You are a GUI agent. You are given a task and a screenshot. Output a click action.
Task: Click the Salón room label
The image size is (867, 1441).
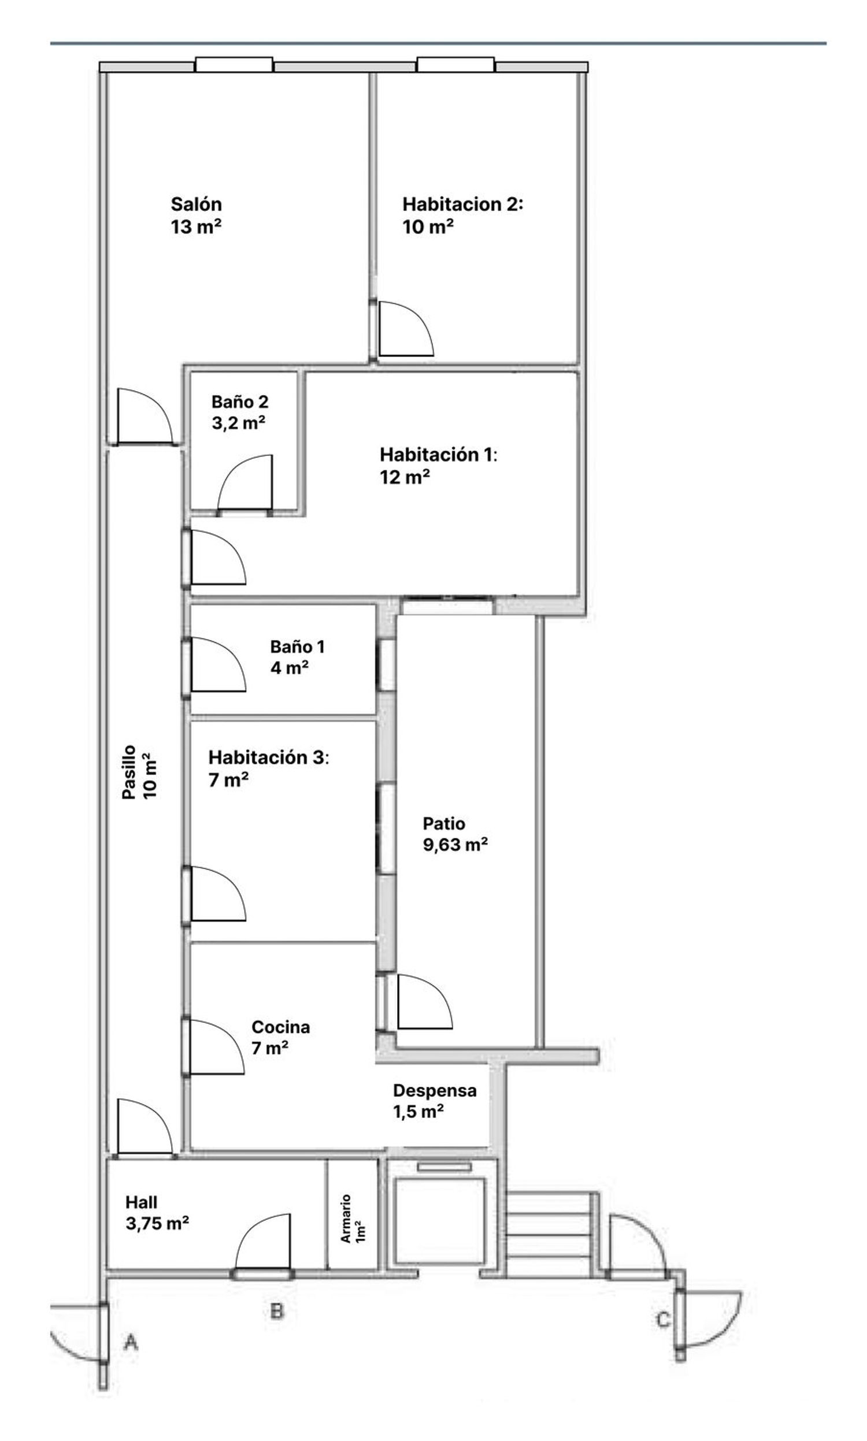196,204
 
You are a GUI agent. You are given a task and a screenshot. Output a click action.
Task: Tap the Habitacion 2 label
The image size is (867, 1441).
463,204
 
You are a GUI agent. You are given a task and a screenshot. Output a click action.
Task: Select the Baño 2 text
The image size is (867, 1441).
239,402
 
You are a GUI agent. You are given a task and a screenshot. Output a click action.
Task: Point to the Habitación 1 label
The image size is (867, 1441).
438,454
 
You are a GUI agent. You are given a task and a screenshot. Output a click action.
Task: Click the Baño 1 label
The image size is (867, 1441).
297,647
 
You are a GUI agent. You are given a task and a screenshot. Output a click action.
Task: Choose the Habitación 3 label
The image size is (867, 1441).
269,757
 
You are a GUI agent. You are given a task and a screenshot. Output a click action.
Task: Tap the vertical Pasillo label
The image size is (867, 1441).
129,772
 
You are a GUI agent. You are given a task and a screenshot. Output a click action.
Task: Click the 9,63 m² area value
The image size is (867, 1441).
455,845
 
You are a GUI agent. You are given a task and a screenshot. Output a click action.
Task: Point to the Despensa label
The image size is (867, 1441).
434,1090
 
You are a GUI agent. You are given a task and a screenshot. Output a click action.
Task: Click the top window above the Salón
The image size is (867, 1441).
234,64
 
